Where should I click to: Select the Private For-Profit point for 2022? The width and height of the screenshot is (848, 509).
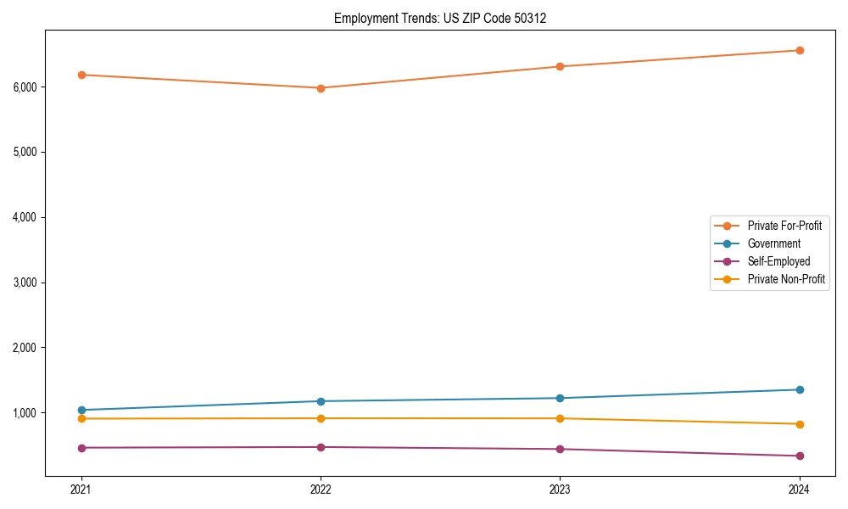tap(321, 88)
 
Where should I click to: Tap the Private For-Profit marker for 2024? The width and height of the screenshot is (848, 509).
tap(800, 50)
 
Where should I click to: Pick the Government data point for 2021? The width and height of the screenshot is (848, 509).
tap(81, 410)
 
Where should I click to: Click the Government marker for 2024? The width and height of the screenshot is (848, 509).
tap(800, 389)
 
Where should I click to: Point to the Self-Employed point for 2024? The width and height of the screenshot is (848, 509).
tap(800, 456)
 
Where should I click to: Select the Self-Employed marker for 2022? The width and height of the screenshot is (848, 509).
tap(321, 447)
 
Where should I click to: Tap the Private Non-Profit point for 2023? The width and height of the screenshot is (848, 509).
tap(560, 418)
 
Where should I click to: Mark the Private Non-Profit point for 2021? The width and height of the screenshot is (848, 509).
tap(81, 418)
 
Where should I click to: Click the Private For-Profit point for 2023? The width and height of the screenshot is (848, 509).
tap(560, 66)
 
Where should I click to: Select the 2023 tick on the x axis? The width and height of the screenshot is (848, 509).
tap(560, 489)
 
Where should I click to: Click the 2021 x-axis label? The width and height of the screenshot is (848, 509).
tap(81, 489)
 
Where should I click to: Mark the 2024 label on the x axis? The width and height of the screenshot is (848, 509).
tap(800, 489)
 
